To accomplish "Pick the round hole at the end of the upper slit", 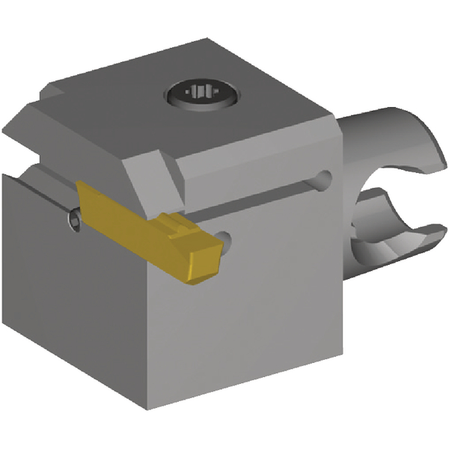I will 323,179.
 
